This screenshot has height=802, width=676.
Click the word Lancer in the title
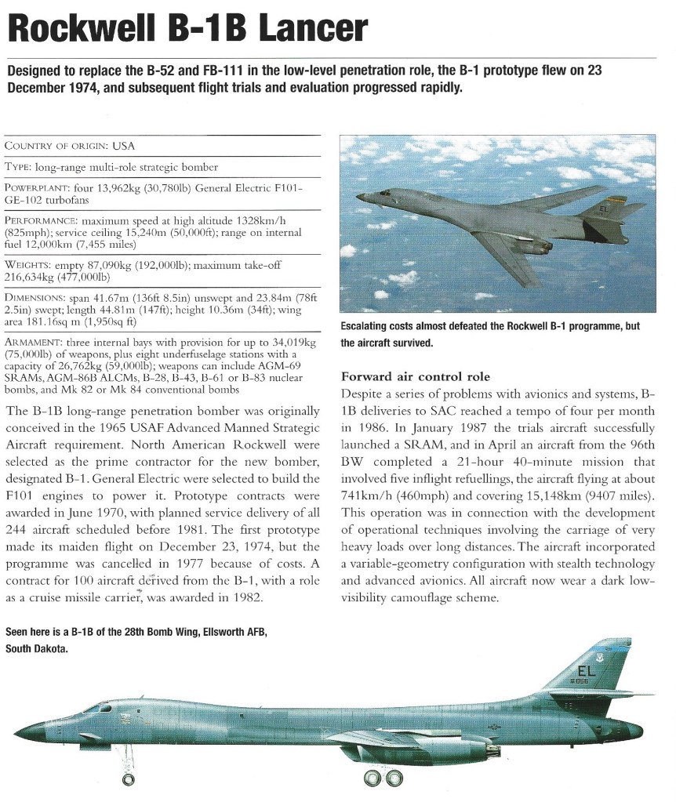point(311,28)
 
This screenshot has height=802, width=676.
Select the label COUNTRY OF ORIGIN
point(56,146)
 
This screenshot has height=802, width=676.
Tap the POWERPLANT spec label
point(35,189)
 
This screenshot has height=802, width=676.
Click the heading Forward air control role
point(416,376)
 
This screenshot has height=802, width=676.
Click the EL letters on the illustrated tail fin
point(587,671)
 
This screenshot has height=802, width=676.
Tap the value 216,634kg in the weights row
point(32,277)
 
